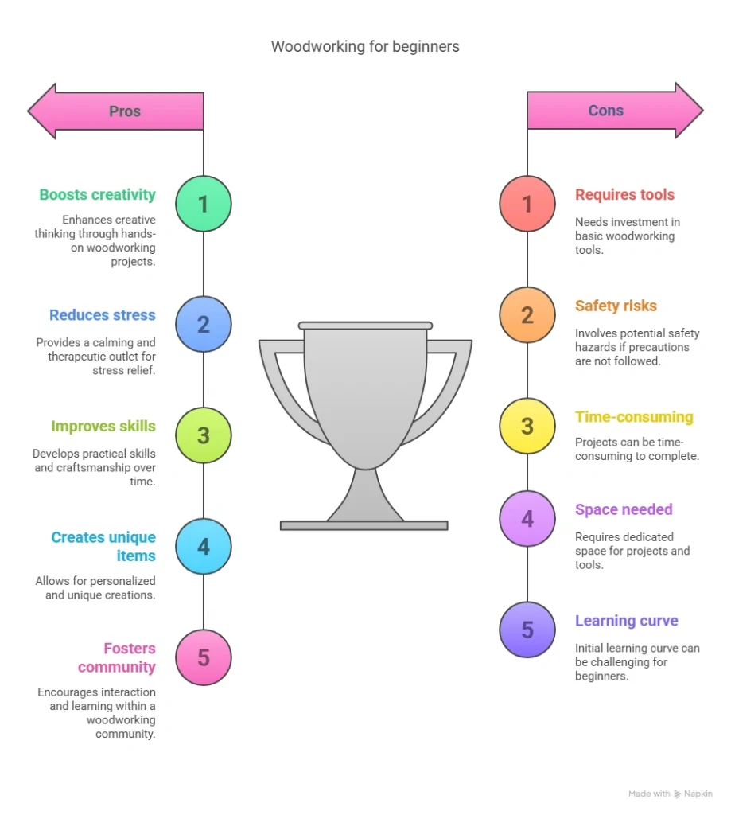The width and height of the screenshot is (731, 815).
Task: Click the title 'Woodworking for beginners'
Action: (x=365, y=46)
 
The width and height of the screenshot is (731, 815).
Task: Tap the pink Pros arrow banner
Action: (x=119, y=111)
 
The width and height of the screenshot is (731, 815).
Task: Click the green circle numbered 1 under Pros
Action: (x=203, y=205)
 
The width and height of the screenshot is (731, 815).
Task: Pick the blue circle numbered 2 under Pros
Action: (x=203, y=324)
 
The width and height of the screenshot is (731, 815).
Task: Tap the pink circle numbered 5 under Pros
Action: (x=203, y=657)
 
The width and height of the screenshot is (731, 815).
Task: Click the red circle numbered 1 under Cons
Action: (x=527, y=204)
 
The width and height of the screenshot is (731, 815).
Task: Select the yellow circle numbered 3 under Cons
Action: (x=527, y=426)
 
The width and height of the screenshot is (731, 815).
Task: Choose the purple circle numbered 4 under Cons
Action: (x=527, y=519)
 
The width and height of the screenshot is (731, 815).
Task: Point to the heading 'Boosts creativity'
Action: (x=97, y=195)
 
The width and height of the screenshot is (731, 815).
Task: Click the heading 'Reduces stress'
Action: (x=102, y=315)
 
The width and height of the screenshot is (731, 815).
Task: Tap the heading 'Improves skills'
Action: (x=103, y=427)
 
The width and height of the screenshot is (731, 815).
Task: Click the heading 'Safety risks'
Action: (x=616, y=306)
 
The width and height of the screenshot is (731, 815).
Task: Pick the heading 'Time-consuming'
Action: (x=634, y=417)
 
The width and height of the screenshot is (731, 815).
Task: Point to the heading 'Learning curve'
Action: (x=626, y=621)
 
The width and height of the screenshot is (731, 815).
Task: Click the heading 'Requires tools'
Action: (x=624, y=195)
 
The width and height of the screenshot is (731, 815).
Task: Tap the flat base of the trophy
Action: (x=364, y=525)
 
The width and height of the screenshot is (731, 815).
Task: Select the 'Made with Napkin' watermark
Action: (x=670, y=794)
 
